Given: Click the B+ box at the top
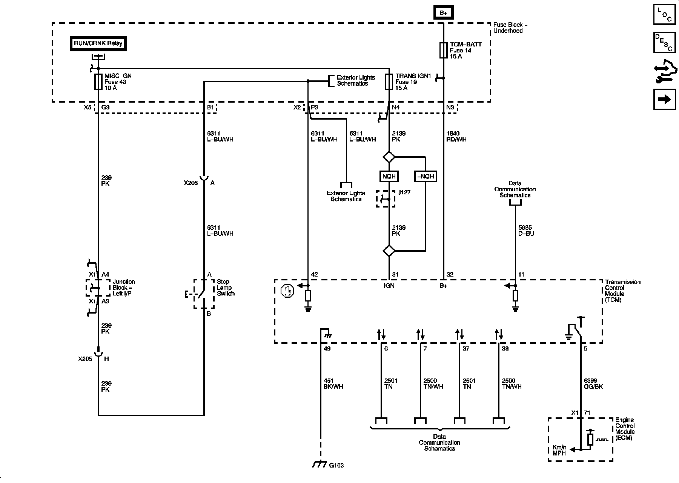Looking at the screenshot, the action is click(443, 13).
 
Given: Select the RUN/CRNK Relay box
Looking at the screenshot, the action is click(98, 43).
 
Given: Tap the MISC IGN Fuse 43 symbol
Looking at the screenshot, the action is click(98, 82).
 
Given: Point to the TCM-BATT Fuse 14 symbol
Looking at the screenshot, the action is click(443, 50).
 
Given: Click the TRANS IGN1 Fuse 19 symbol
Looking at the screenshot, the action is click(389, 82).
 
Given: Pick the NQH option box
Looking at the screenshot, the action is click(389, 176).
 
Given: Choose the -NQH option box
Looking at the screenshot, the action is click(425, 176).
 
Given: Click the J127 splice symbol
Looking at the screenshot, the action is click(386, 199).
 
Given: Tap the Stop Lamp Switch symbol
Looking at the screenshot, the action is click(204, 294).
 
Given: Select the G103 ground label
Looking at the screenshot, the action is click(336, 465).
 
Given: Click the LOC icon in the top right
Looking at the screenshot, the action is click(664, 15).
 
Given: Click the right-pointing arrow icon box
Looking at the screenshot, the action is click(664, 99).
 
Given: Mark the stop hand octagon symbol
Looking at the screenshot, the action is click(288, 291).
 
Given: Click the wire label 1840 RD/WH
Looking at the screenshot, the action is click(456, 136).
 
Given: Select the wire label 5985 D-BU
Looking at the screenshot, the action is click(526, 231).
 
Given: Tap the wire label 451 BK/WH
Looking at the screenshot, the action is click(333, 384).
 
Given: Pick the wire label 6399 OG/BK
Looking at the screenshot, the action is click(593, 384).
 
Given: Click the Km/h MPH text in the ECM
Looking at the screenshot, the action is click(560, 450).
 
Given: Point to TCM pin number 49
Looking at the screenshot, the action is click(327, 349).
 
